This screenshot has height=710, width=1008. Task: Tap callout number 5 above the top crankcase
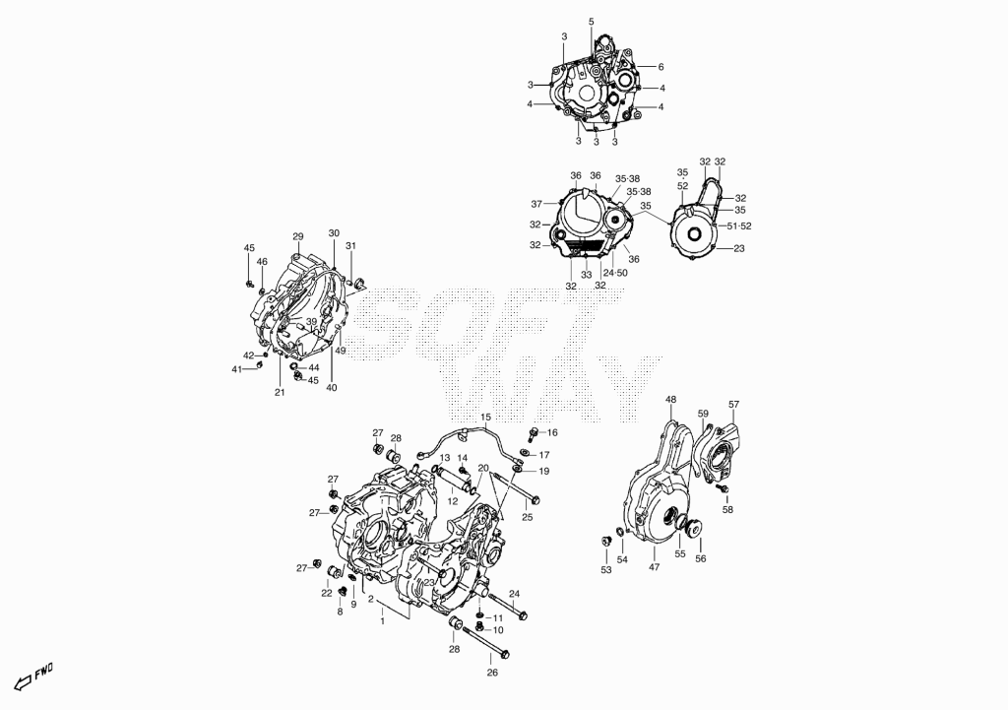(x=592, y=22)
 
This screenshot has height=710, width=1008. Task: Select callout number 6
(x=661, y=67)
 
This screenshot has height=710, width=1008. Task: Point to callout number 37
(x=537, y=205)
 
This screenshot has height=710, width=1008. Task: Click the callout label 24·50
(x=615, y=273)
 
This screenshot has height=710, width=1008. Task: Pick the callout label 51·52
(x=739, y=226)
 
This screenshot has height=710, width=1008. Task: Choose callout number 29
(x=297, y=235)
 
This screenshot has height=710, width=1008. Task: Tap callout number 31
(x=350, y=245)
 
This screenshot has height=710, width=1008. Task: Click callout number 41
(x=237, y=369)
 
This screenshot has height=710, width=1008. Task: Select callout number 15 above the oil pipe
(x=485, y=418)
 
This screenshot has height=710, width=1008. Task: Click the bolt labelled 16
(x=533, y=434)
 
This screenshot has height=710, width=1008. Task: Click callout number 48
(x=671, y=400)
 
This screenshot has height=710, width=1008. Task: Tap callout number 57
(x=734, y=405)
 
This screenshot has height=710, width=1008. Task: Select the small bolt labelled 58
(x=723, y=489)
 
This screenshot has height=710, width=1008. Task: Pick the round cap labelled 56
(x=694, y=528)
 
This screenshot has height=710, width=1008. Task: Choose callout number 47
(x=655, y=567)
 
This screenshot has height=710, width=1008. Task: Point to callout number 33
(x=587, y=275)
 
